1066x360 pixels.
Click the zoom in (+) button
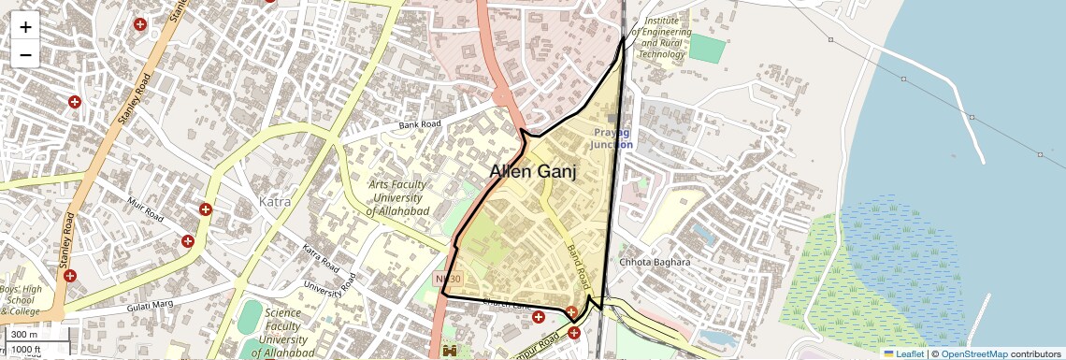25,27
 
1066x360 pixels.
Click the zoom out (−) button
25,54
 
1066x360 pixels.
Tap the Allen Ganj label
533,172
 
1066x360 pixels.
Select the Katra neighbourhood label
274,201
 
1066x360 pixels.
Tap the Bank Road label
419,124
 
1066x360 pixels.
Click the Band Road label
576,266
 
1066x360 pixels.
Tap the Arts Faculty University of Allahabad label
397,198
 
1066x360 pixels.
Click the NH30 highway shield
448,280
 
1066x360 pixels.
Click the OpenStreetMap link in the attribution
974,353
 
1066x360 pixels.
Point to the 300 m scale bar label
24,335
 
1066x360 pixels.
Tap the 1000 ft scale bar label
26,349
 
